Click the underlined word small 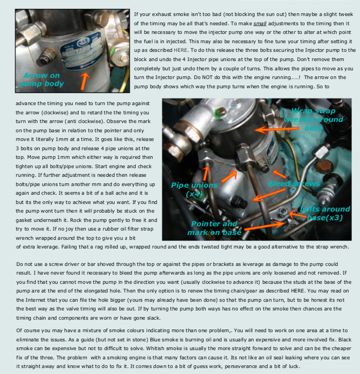[260, 24]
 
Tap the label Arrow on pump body [41, 80]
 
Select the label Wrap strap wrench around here [314, 119]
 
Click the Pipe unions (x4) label [194, 190]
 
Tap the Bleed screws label [294, 183]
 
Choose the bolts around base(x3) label [324, 213]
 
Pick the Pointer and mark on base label [214, 228]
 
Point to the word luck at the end [294, 366]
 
